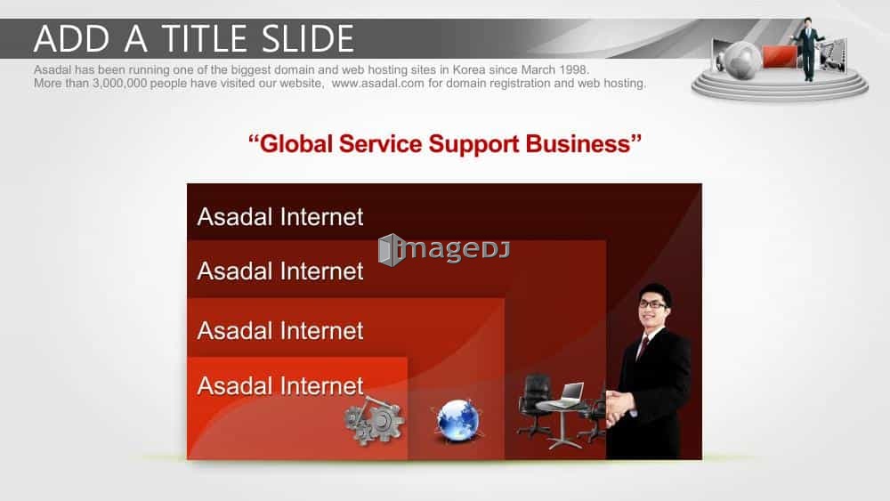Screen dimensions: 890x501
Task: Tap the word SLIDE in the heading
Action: point(308,38)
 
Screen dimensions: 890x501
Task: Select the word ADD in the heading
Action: point(71,38)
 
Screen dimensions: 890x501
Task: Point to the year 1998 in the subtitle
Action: point(574,69)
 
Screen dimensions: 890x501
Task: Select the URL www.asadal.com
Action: point(377,84)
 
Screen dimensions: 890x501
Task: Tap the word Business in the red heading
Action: point(578,143)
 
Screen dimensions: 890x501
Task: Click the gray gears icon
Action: point(374,421)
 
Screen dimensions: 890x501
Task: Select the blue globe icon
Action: point(457,420)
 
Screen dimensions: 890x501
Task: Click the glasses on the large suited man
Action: point(651,304)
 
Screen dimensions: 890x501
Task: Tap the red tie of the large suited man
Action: point(643,347)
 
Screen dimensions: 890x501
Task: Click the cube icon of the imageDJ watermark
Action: point(390,250)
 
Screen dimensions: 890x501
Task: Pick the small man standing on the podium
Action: point(808,49)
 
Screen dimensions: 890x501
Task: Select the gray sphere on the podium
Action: point(740,60)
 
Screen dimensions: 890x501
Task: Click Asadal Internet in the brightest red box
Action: point(280,386)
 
